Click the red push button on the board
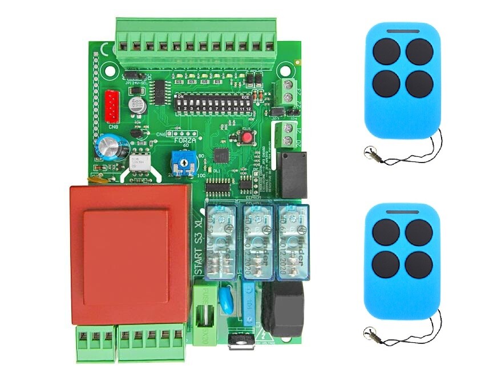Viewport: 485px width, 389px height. pyautogui.click(x=247, y=137)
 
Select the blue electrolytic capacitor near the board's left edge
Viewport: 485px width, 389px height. pyautogui.click(x=107, y=147)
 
